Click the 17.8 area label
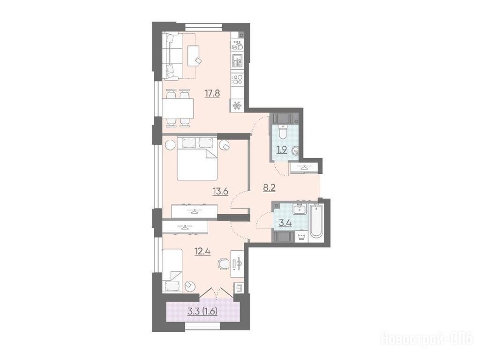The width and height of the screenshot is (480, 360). click(212, 93)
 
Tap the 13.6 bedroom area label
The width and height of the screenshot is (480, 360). click(221, 192)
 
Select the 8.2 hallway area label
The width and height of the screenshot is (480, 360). click(270, 187)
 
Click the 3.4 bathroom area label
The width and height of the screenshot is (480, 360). click(285, 223)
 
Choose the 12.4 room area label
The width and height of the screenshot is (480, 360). click(202, 252)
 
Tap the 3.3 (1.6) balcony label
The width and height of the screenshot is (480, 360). click(202, 312)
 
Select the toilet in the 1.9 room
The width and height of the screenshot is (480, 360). click(283, 131)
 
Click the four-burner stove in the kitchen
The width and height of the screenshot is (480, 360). click(237, 80)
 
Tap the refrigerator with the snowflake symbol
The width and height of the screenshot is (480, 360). click(237, 106)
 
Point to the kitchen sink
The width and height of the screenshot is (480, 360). click(237, 60)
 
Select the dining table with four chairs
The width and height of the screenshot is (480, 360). click(178, 108)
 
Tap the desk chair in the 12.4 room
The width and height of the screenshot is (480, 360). click(224, 263)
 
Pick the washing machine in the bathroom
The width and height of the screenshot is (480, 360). click(301, 237)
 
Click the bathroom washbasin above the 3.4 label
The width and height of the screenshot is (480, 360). click(299, 210)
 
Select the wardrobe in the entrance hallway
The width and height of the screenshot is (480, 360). click(305, 167)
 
